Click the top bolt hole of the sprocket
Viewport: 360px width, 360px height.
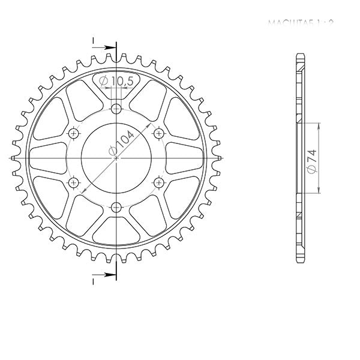(x=116, y=109)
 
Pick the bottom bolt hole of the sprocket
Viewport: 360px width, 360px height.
(x=116, y=207)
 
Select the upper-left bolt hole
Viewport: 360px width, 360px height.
(x=74, y=133)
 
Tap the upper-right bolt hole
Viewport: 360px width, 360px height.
(x=159, y=133)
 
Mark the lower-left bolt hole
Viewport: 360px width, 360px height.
(x=74, y=182)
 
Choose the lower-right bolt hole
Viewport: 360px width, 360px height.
(x=159, y=182)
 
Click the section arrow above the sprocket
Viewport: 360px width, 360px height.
(x=108, y=47)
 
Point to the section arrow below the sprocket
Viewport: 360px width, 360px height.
(x=108, y=275)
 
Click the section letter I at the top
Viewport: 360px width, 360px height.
(x=94, y=41)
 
